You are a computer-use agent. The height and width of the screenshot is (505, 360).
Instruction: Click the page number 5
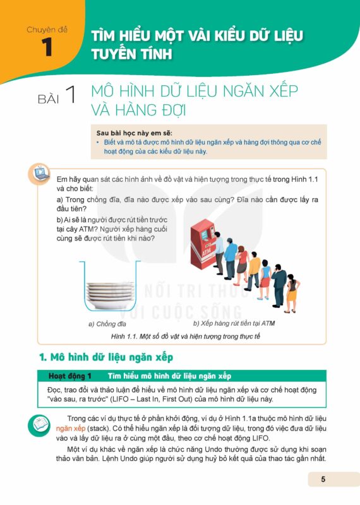coord(323,479)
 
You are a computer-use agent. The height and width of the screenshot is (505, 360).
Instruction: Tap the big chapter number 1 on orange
coord(47,47)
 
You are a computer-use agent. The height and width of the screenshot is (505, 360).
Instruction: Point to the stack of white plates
coord(110,295)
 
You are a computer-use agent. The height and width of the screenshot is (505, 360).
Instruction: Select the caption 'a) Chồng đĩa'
coord(107,324)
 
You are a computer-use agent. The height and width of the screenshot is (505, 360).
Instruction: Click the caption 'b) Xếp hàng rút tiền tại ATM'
coord(234,323)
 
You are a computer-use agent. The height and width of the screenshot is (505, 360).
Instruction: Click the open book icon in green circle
coord(39,425)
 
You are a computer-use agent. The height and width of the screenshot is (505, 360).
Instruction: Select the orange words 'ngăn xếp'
coord(71,429)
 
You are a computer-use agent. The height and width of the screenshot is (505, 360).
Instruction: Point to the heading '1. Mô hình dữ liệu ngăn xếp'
coord(106,357)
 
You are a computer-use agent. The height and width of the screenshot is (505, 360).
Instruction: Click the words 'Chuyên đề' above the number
coord(47,30)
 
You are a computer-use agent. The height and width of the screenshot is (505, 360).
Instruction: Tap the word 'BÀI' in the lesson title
coord(49,99)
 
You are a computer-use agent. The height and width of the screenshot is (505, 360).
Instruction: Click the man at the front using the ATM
coord(219,253)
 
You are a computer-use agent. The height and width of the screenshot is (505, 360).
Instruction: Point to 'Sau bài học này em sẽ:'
coord(135,133)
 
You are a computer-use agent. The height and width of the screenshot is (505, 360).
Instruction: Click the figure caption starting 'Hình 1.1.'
coord(185,336)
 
